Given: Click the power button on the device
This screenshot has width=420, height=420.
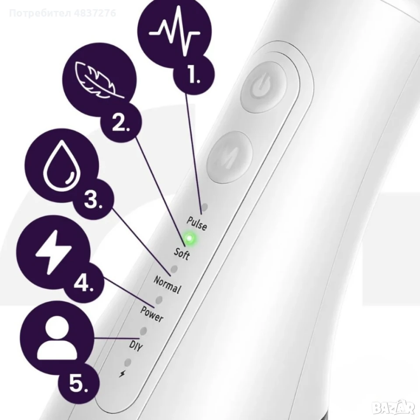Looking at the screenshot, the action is (x=264, y=86).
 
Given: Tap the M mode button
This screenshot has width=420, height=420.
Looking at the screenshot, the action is (x=230, y=157).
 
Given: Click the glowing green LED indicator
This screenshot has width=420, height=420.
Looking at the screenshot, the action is (x=189, y=238).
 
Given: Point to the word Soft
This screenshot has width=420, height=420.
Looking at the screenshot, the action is (x=182, y=253).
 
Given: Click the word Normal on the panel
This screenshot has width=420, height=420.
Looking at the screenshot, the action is (x=167, y=284).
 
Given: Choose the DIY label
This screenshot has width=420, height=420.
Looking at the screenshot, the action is (x=136, y=346).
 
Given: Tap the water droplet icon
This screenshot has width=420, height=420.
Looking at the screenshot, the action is (x=62, y=165).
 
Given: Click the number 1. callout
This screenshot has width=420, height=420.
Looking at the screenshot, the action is (x=193, y=74).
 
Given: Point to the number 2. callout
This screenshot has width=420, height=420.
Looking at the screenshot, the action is (x=121, y=123).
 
